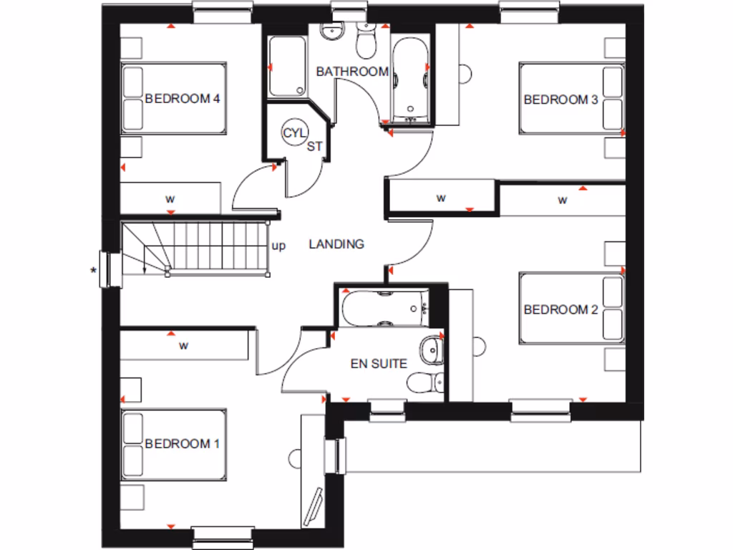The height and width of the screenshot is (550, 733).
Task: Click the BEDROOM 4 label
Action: click(182, 99)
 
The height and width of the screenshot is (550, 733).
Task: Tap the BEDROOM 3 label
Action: click(560, 100)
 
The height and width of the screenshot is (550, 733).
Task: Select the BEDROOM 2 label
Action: click(560, 309)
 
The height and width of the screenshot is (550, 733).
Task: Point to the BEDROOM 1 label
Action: click(182, 444)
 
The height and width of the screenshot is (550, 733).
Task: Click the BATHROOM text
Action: click(352, 72)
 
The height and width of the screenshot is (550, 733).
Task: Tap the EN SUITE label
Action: click(379, 364)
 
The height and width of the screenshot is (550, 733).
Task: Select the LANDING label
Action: click(336, 244)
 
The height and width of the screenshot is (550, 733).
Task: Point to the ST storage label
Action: click(315, 148)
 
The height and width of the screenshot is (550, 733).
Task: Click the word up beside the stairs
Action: click(278, 246)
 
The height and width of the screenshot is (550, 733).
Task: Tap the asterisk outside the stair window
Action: click(92, 270)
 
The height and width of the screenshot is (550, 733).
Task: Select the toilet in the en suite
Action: click(422, 382)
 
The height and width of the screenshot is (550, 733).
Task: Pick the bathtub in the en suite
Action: click(385, 308)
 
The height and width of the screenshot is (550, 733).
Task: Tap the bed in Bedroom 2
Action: click(571, 309)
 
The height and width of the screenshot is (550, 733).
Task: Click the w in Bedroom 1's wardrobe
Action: click(183, 346)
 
